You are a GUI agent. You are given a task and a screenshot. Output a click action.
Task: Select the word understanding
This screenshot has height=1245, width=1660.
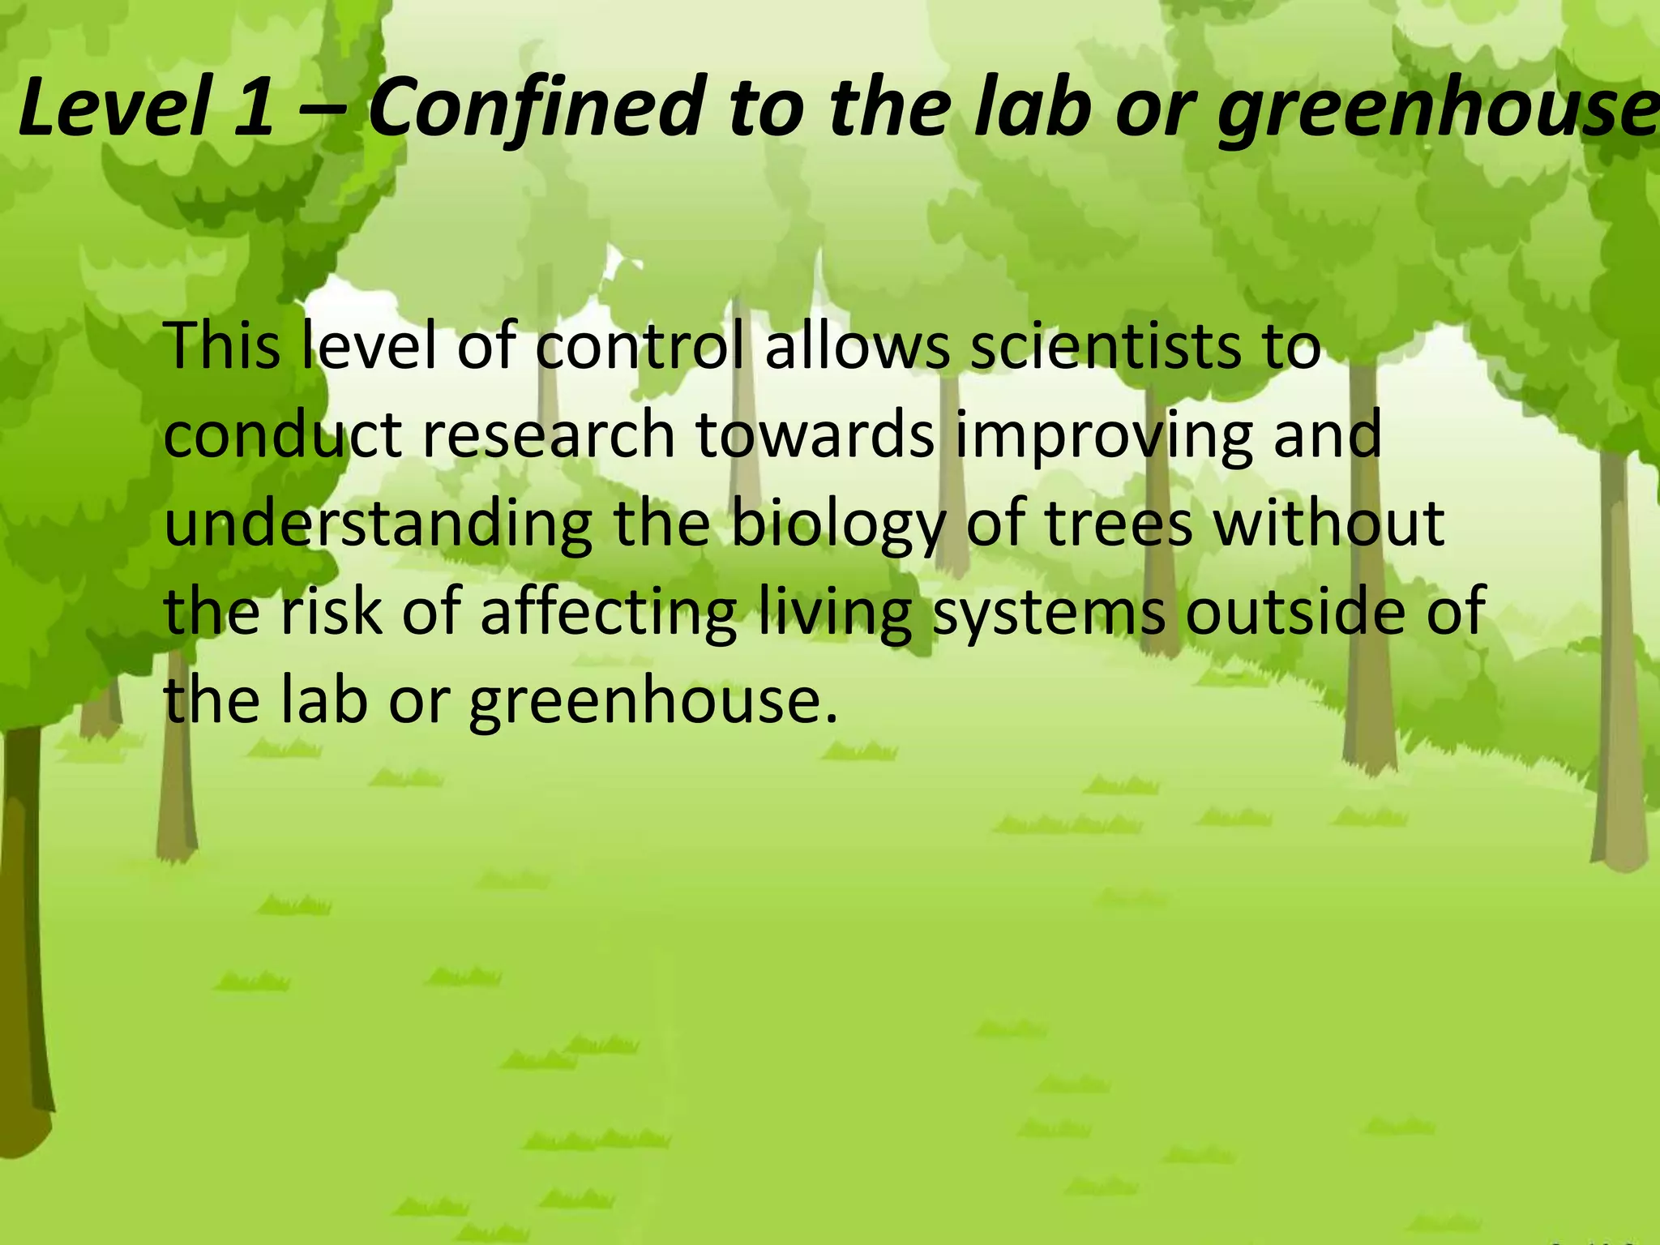[x=378, y=525]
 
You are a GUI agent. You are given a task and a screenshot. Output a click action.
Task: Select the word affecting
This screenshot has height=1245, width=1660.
[x=609, y=614]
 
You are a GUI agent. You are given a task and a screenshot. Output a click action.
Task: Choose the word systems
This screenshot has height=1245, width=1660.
[x=1049, y=614]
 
